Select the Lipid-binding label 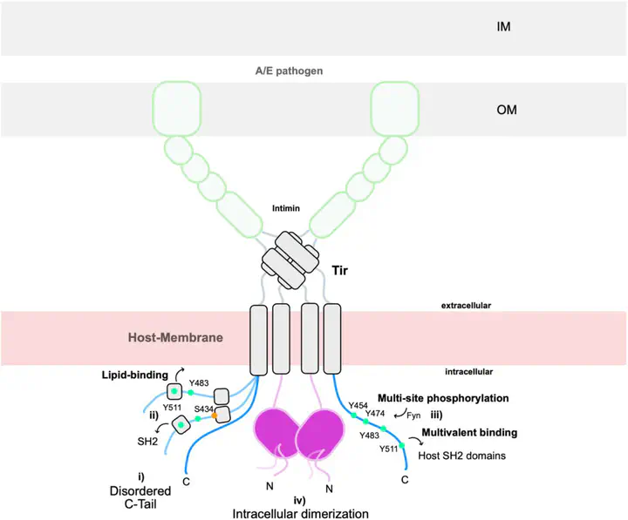132,375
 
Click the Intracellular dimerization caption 300,513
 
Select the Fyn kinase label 414,415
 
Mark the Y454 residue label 358,404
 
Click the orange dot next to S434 214,415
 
